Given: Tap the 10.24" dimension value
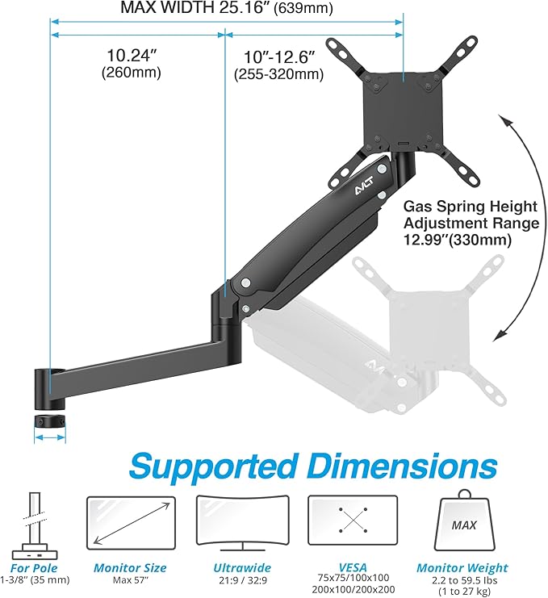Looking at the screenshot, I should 132,56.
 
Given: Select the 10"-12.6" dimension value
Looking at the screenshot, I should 278,57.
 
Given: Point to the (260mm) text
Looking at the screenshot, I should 132,73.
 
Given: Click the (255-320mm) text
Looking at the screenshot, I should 278,74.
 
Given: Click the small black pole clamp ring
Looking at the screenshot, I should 49,422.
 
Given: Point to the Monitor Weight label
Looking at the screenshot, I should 462,568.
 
